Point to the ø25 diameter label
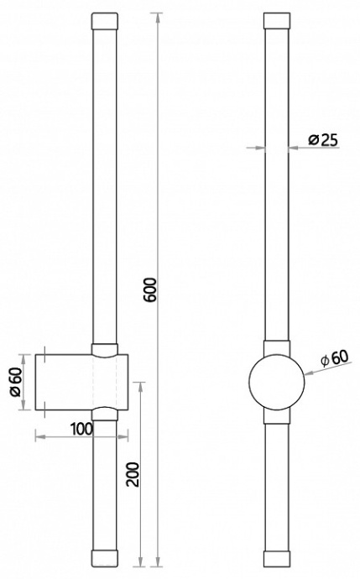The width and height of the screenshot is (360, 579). click(322, 140)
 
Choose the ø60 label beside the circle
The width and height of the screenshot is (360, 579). click(334, 358)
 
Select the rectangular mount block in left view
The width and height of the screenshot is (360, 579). click(81, 382)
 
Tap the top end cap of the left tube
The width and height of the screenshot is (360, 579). click(105, 20)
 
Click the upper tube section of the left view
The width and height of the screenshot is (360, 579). click(105, 185)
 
